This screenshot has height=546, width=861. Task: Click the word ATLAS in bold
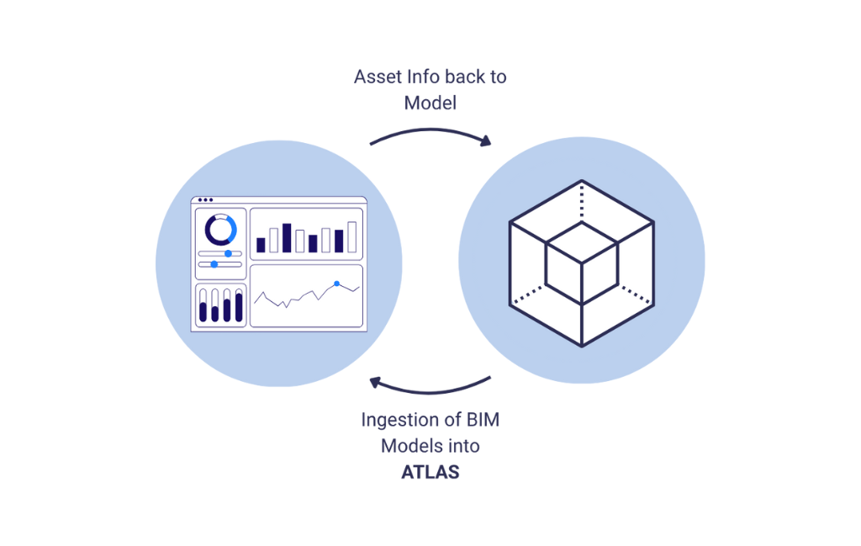tap(430, 471)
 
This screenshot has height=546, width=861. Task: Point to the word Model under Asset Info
tap(430, 103)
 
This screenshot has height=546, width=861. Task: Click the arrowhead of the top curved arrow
tap(485, 142)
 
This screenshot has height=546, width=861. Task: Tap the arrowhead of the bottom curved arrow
tap(376, 384)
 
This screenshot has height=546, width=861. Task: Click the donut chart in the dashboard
tap(220, 229)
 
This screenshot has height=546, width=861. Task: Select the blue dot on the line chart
tap(337, 284)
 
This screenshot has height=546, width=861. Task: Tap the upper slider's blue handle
tap(228, 253)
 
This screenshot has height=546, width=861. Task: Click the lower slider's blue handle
tap(214, 264)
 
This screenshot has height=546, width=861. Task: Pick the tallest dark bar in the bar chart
tap(287, 238)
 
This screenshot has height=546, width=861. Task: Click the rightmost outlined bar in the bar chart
tap(352, 237)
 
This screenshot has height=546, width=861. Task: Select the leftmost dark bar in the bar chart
tap(261, 245)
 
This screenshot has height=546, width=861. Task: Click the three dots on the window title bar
tap(205, 200)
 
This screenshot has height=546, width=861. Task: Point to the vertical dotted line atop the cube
tap(582, 200)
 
